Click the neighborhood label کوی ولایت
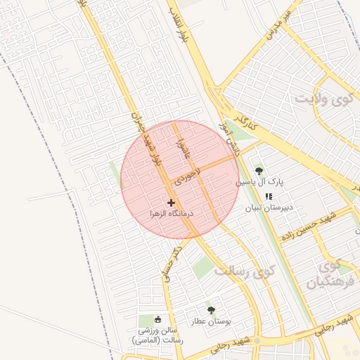[x=323, y=99]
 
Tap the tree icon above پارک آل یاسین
[x=259, y=171]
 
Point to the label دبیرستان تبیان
[x=269, y=208]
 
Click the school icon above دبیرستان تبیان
[x=269, y=197]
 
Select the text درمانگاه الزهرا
[x=172, y=212]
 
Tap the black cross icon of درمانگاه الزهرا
[x=171, y=202]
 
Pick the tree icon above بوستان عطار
[x=211, y=309]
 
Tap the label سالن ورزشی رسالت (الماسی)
[x=157, y=335]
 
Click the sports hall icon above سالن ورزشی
[x=157, y=320]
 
